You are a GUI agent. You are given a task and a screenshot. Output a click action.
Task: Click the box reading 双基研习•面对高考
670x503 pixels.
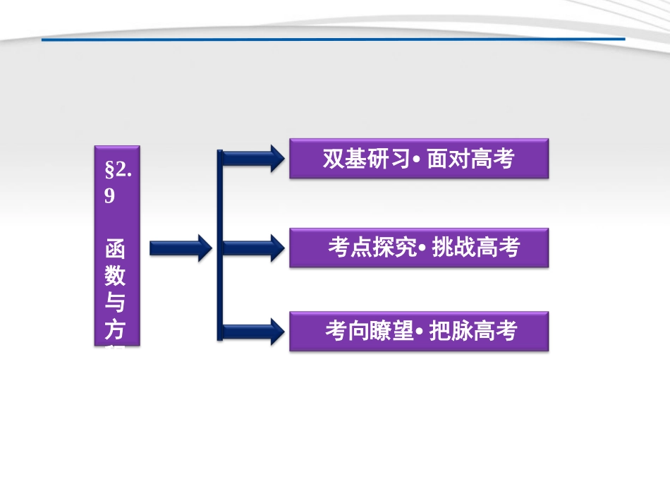[x=418, y=159]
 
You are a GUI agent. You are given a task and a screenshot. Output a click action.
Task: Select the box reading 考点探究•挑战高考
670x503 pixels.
[x=418, y=248]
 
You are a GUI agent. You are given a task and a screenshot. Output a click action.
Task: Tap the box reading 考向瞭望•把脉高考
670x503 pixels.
[x=418, y=331]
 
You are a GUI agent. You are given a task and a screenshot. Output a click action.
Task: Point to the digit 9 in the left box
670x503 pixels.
[x=110, y=196]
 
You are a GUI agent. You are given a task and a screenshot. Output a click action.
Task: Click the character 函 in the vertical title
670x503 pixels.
[x=116, y=250]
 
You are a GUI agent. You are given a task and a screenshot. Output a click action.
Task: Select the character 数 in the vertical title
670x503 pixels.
[x=116, y=277]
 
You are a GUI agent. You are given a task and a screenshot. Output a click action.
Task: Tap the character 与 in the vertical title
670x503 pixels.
[x=116, y=303]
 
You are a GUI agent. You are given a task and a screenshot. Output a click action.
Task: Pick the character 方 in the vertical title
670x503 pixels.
[x=116, y=329]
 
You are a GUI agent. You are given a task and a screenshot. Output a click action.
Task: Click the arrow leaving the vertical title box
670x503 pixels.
[x=180, y=248]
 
